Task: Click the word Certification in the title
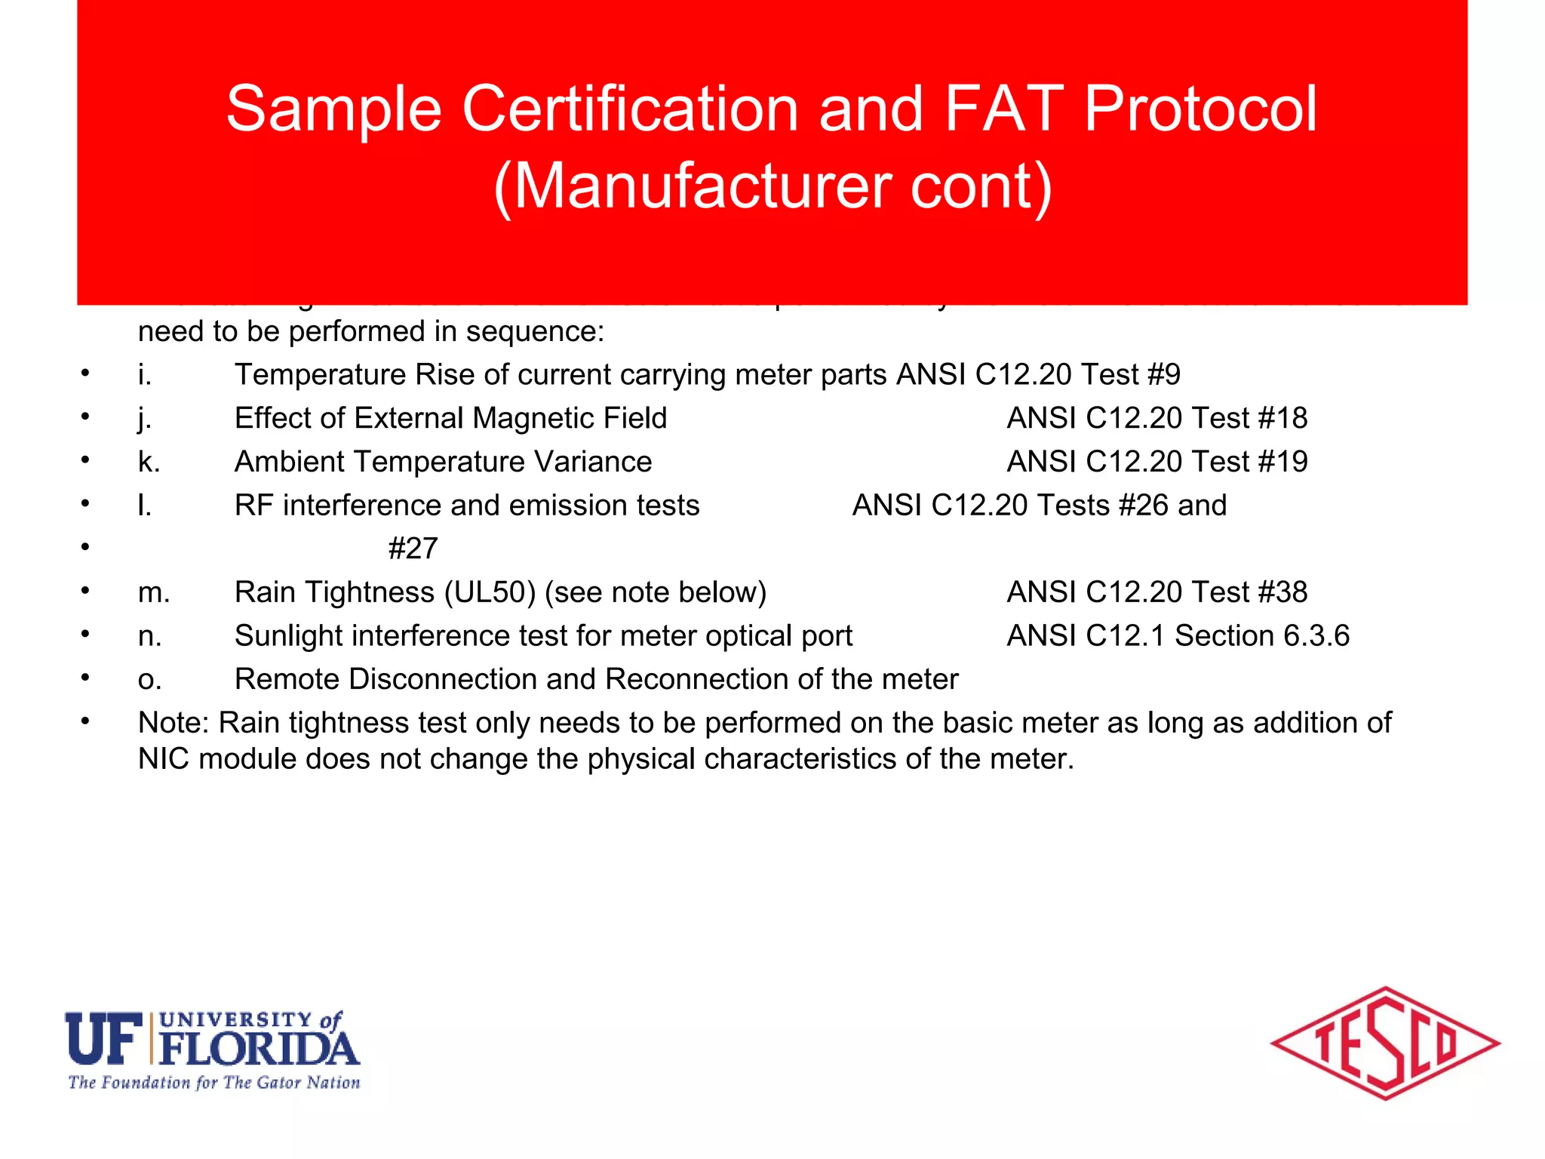click(630, 109)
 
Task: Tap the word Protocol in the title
click(1200, 109)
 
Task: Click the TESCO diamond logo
click(1385, 1044)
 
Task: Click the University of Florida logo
click(213, 1049)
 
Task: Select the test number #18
click(1283, 419)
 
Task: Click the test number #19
click(1283, 462)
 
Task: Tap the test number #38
click(1283, 593)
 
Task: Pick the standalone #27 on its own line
click(413, 549)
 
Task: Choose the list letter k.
click(149, 462)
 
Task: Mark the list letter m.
click(154, 593)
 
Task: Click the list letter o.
click(149, 680)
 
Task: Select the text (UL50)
click(490, 593)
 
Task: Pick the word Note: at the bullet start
click(174, 723)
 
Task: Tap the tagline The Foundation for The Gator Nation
click(214, 1083)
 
